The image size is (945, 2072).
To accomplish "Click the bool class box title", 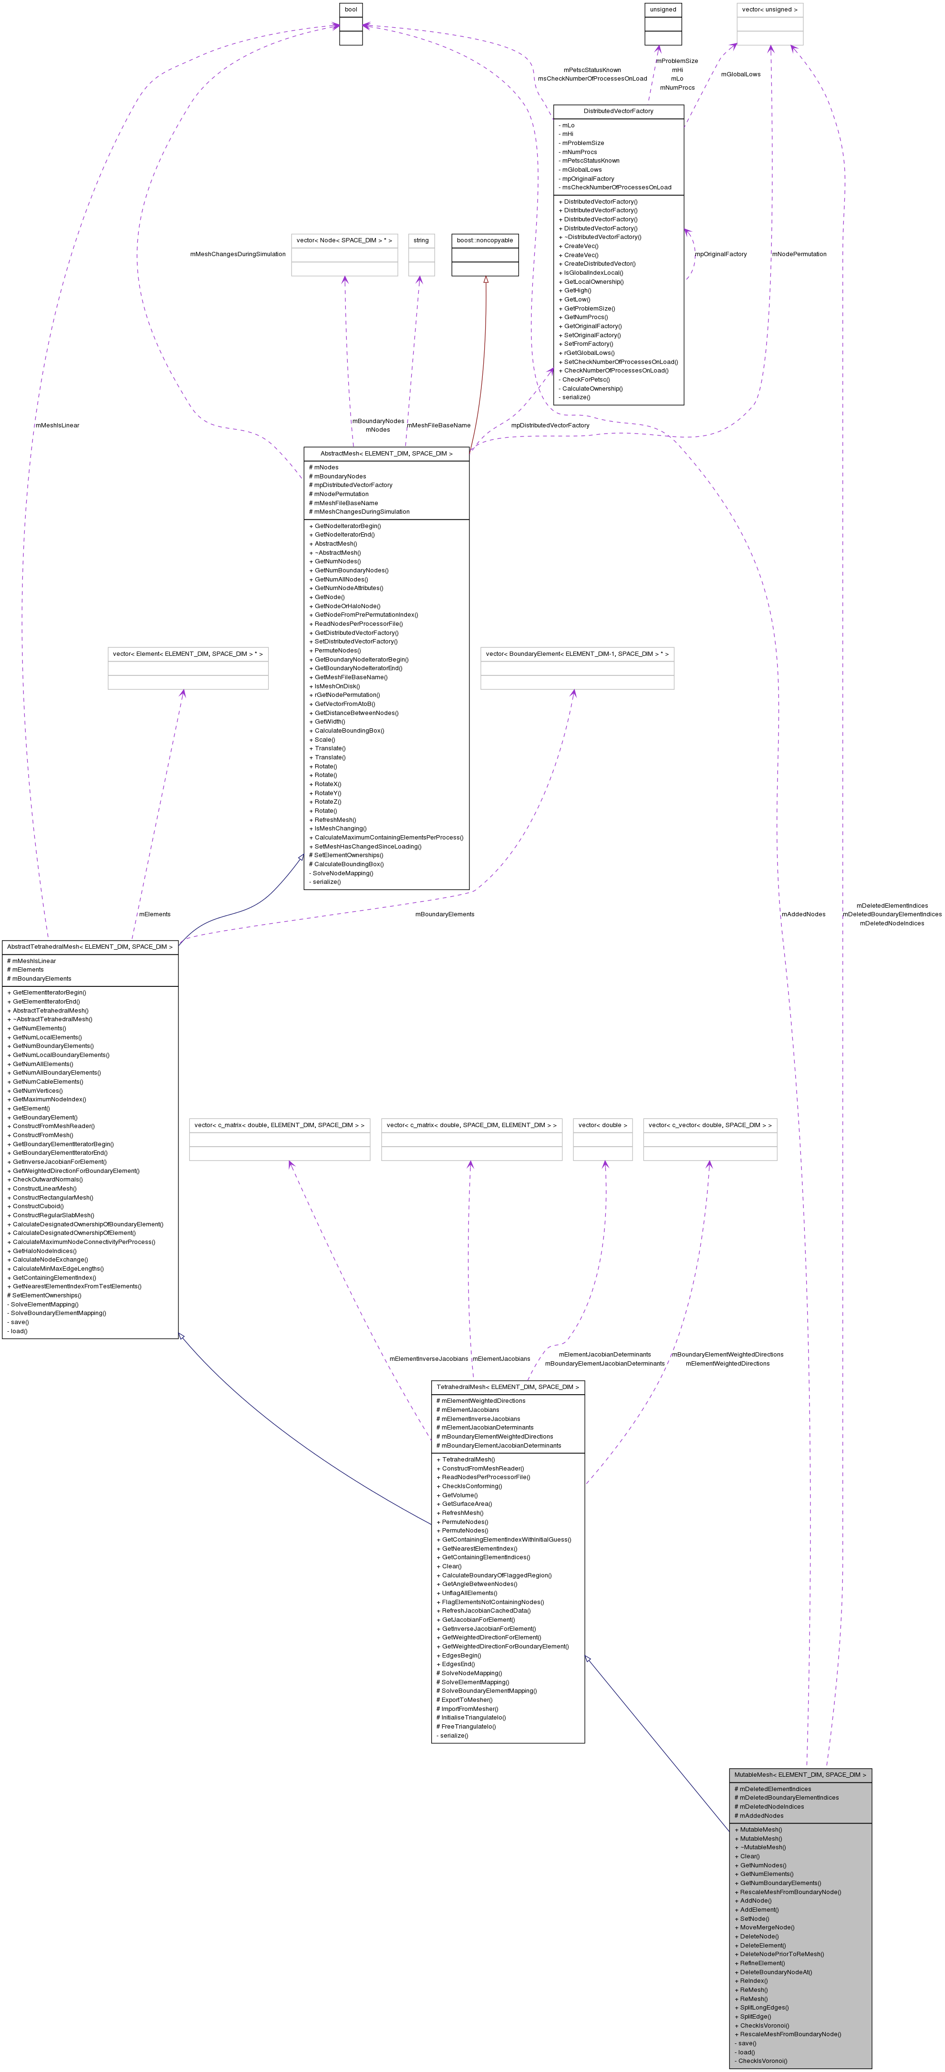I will pyautogui.click(x=351, y=10).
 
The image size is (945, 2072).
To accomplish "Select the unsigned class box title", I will pyautogui.click(x=663, y=10).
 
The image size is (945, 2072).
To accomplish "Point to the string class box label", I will pyautogui.click(x=421, y=240).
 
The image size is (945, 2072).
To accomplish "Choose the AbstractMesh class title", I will pyautogui.click(x=386, y=454).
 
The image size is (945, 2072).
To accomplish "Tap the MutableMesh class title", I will pyautogui.click(x=800, y=1774).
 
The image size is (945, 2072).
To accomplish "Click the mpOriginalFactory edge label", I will pyautogui.click(x=721, y=254).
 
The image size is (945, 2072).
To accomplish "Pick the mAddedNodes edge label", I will pyautogui.click(x=803, y=914).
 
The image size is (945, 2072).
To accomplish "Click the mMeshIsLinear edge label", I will pyautogui.click(x=57, y=425).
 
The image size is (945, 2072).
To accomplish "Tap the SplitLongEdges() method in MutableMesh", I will pyautogui.click(x=764, y=2008).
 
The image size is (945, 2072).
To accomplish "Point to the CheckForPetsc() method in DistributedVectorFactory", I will pyautogui.click(x=585, y=380).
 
